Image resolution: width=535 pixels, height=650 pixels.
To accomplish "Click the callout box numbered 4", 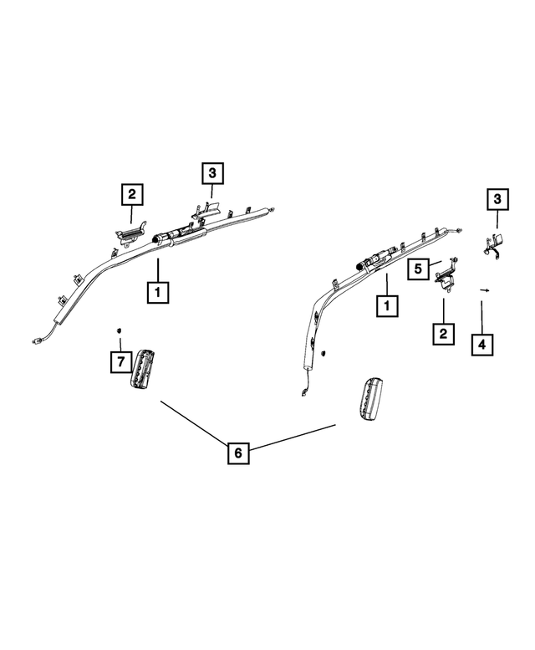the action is pyautogui.click(x=482, y=345).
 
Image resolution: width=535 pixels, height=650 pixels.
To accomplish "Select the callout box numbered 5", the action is pyautogui.click(x=418, y=269).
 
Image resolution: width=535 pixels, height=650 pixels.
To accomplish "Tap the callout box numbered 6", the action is pyautogui.click(x=238, y=453).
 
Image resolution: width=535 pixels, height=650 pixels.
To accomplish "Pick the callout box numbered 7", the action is pyautogui.click(x=121, y=362).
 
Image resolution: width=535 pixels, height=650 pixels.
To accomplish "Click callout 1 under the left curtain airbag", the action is pyautogui.click(x=158, y=292).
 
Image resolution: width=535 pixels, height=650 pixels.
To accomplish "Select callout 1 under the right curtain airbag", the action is pyautogui.click(x=387, y=306).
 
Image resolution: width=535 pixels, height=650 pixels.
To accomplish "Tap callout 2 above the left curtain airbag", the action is pyautogui.click(x=132, y=194).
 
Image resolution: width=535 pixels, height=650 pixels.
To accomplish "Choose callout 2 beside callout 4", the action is pyautogui.click(x=444, y=334).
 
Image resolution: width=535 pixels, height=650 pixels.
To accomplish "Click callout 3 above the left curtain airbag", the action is pyautogui.click(x=212, y=173).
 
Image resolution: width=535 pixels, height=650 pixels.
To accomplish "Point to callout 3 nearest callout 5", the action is pyautogui.click(x=497, y=199).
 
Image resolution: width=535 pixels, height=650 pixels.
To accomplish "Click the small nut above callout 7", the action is pyautogui.click(x=119, y=330).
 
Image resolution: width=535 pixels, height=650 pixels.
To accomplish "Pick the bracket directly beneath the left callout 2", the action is pyautogui.click(x=130, y=233).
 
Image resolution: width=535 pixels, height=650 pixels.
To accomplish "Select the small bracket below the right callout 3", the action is pyautogui.click(x=493, y=246).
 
